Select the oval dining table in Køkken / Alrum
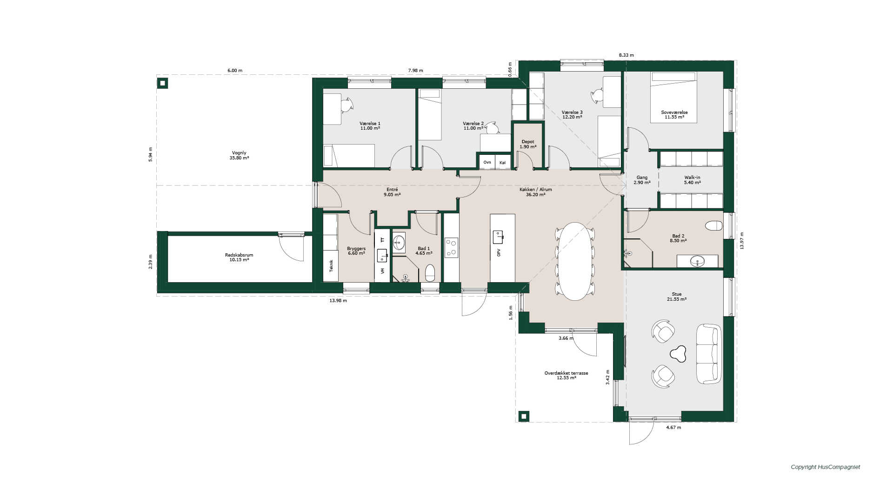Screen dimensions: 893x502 (575, 261)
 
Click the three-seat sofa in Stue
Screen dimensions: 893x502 (708, 354)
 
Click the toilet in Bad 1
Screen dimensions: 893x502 (430, 273)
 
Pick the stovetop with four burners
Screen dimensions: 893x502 (451, 247)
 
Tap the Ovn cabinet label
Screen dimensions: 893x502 (487, 162)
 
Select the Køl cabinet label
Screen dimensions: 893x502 (502, 162)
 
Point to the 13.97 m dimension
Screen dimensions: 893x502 (742, 241)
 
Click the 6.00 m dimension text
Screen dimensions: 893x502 (235, 71)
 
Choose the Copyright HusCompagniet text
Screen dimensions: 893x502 (826, 467)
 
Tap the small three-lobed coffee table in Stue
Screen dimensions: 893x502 (678, 354)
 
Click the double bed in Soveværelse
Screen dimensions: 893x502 (674, 97)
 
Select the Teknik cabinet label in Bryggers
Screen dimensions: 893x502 (332, 265)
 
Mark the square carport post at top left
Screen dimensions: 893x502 (162, 83)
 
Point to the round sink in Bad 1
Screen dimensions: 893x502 (399, 242)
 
